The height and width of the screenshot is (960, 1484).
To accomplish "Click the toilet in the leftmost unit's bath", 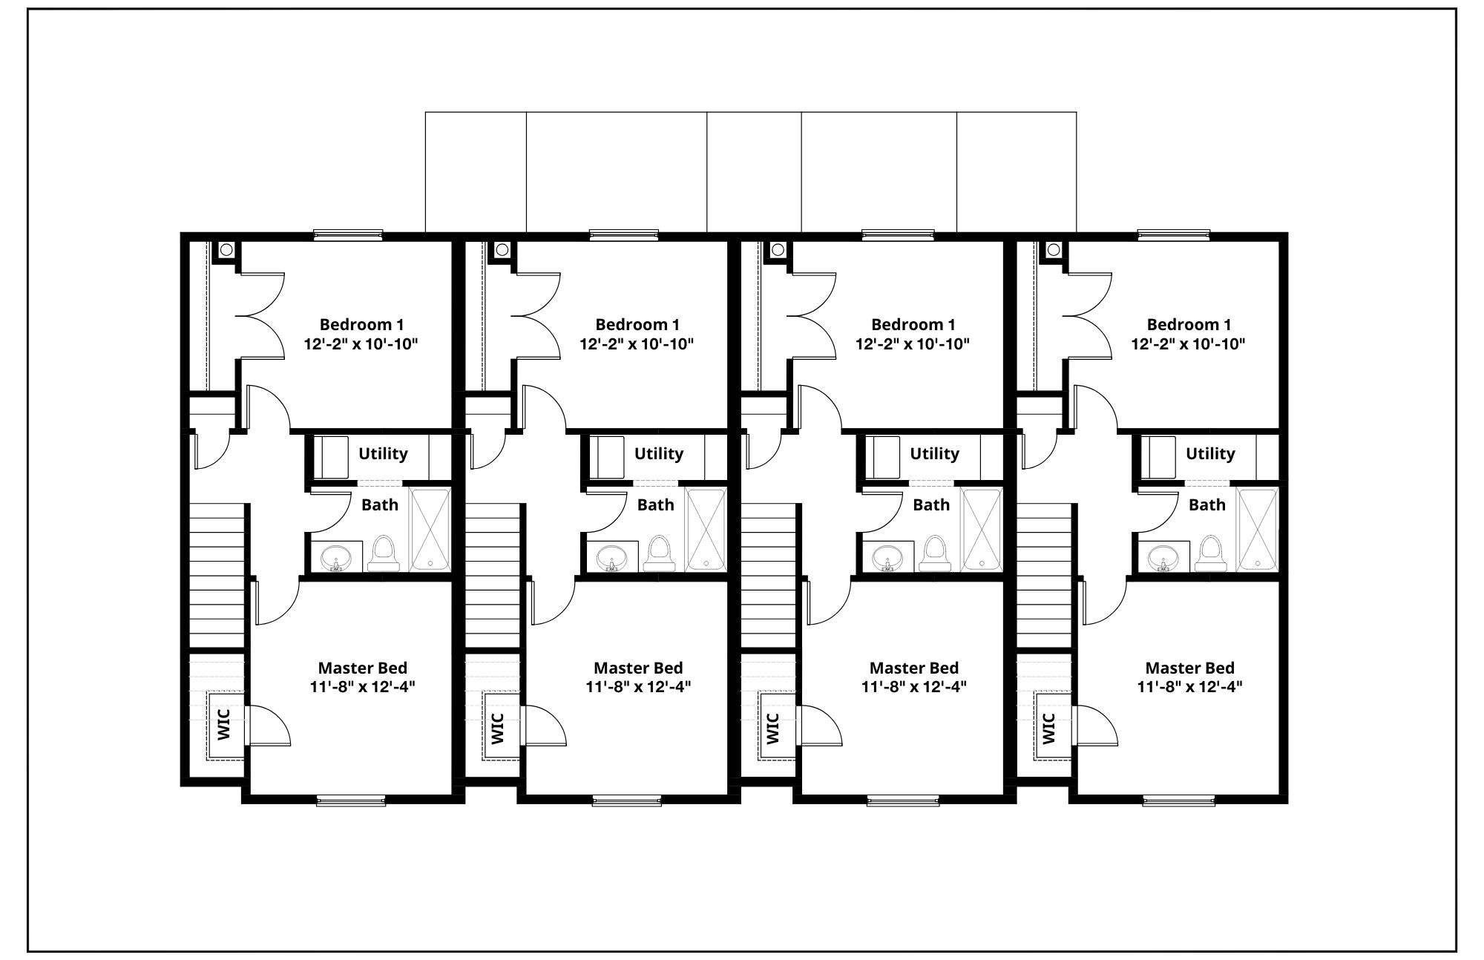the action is click(384, 553).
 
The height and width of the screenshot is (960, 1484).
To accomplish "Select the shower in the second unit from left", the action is click(706, 530).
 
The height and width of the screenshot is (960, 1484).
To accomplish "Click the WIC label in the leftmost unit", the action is click(224, 726).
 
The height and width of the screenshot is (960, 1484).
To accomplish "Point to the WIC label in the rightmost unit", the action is click(1048, 728).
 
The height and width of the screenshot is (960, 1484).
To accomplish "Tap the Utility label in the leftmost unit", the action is click(383, 453).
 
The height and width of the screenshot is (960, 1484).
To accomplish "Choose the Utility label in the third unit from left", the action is click(934, 453).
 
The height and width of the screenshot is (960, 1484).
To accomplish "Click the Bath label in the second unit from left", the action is click(656, 504).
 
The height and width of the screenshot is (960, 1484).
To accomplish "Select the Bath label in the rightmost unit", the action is click(1207, 504).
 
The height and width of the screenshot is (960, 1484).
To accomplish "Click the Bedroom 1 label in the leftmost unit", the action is click(361, 324).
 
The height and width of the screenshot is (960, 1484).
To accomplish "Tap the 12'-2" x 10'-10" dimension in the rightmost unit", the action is click(1188, 344).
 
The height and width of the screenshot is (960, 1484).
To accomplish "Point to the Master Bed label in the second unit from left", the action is click(638, 668).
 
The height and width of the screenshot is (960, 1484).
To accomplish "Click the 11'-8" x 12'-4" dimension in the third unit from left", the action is click(914, 687).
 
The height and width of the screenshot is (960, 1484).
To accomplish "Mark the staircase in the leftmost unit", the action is click(218, 576).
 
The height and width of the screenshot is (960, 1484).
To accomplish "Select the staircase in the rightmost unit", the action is click(1044, 576).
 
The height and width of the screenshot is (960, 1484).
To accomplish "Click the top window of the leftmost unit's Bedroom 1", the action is click(348, 235).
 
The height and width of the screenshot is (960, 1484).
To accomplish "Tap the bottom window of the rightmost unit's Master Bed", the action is click(1178, 800).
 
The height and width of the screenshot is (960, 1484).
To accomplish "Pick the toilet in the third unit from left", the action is click(935, 553).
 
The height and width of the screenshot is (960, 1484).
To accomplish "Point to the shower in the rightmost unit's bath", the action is click(1257, 530).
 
